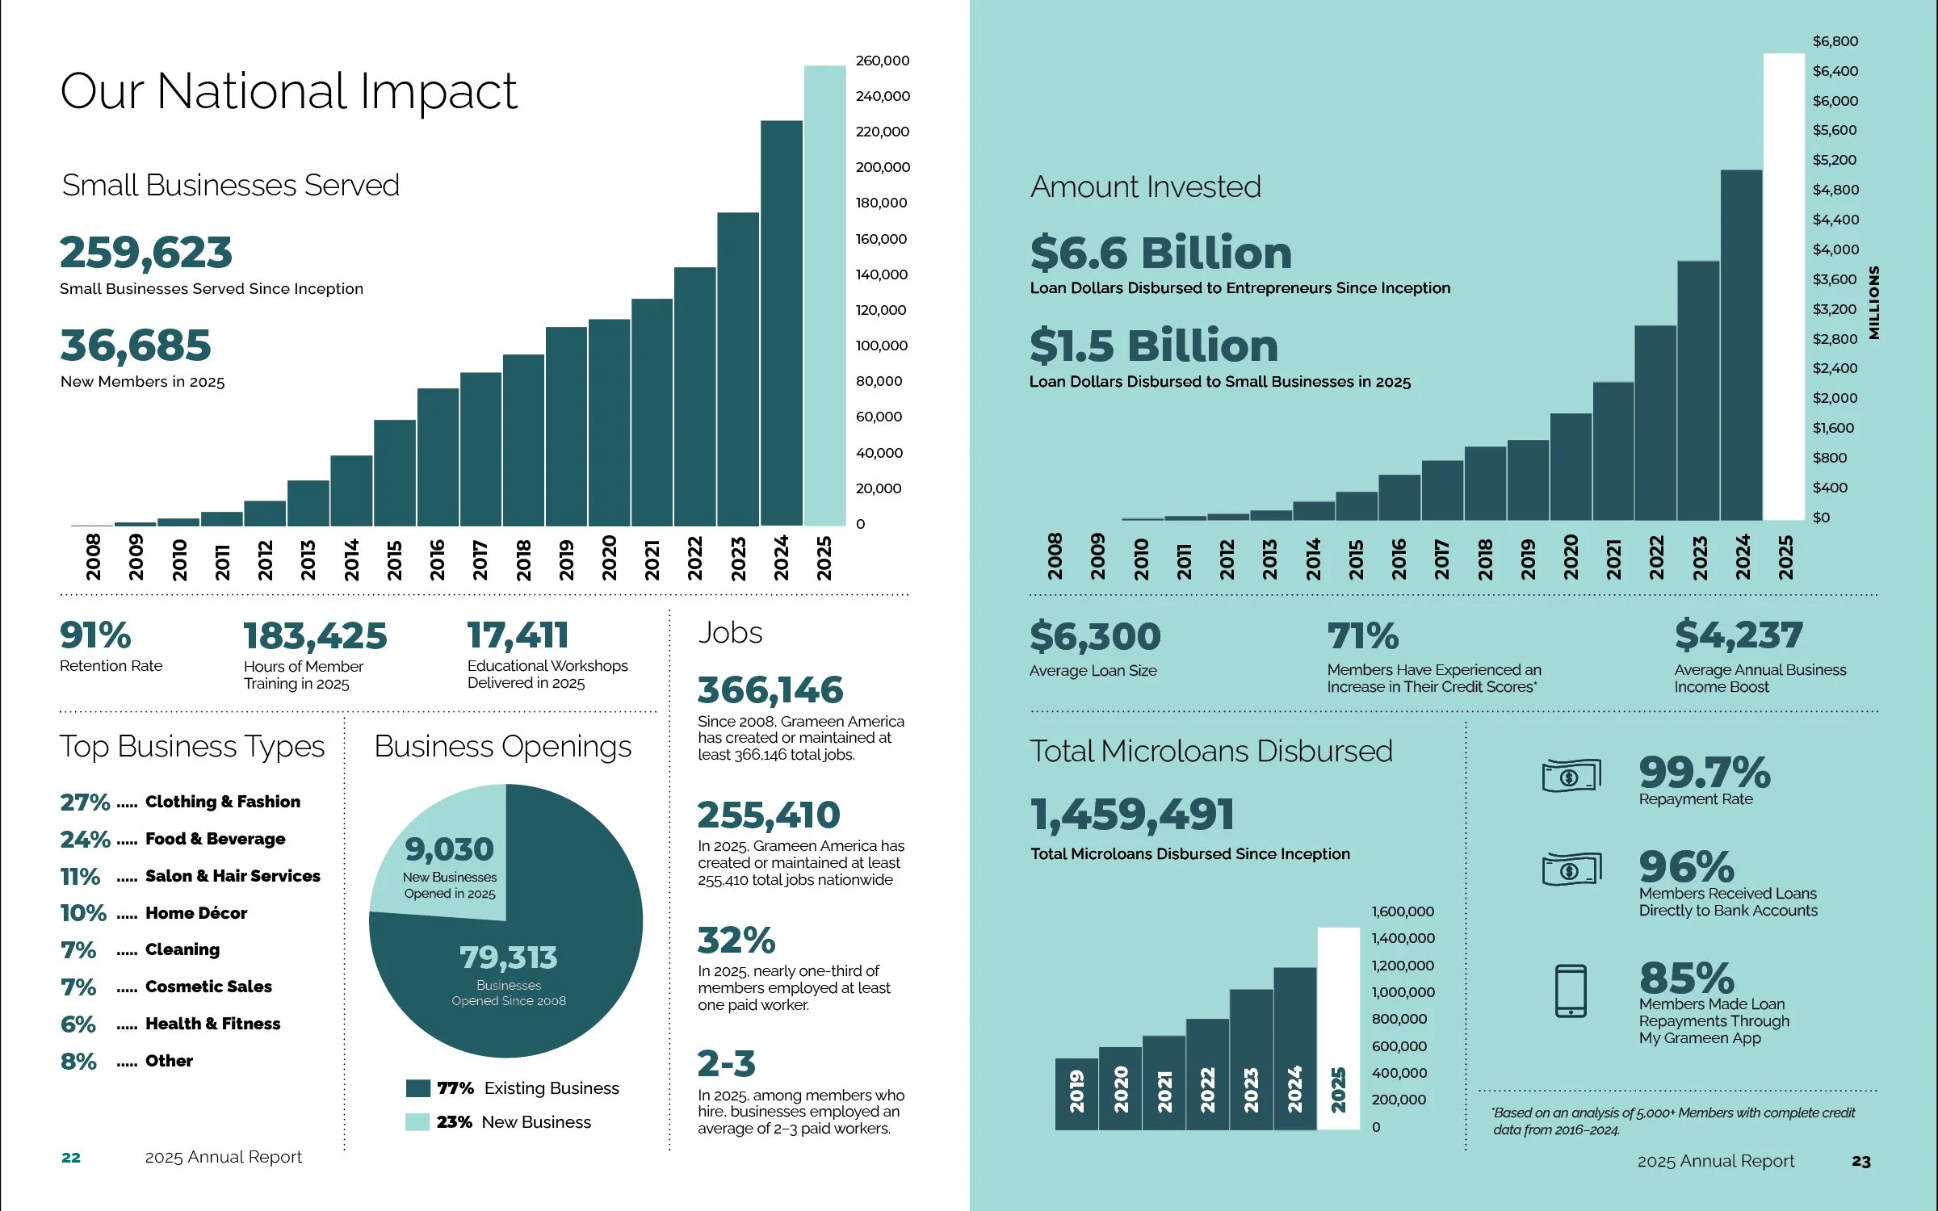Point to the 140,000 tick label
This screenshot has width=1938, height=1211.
pyautogui.click(x=881, y=274)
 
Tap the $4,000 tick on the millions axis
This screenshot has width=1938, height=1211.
pyautogui.click(x=1835, y=249)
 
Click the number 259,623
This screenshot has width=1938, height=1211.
pyautogui.click(x=146, y=252)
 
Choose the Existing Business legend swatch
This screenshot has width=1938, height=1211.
pyautogui.click(x=417, y=1088)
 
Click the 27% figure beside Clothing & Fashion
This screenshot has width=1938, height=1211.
pyautogui.click(x=85, y=802)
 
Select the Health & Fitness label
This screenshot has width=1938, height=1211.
pyautogui.click(x=213, y=1024)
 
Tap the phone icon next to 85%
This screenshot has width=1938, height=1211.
pyautogui.click(x=1571, y=991)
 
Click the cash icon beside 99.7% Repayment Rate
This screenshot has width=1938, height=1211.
pyautogui.click(x=1571, y=777)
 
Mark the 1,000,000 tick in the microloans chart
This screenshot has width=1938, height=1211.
pyautogui.click(x=1403, y=992)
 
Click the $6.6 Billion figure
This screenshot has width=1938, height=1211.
pyautogui.click(x=1160, y=253)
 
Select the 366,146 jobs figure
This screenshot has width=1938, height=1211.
pyautogui.click(x=770, y=690)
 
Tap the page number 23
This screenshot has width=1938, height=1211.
pyautogui.click(x=1860, y=1161)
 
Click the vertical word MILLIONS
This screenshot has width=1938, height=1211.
pyautogui.click(x=1874, y=303)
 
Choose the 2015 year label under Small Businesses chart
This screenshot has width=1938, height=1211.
pyautogui.click(x=394, y=559)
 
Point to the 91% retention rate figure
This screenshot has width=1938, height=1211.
pyautogui.click(x=95, y=635)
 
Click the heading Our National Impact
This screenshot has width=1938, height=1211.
pyautogui.click(x=288, y=90)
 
